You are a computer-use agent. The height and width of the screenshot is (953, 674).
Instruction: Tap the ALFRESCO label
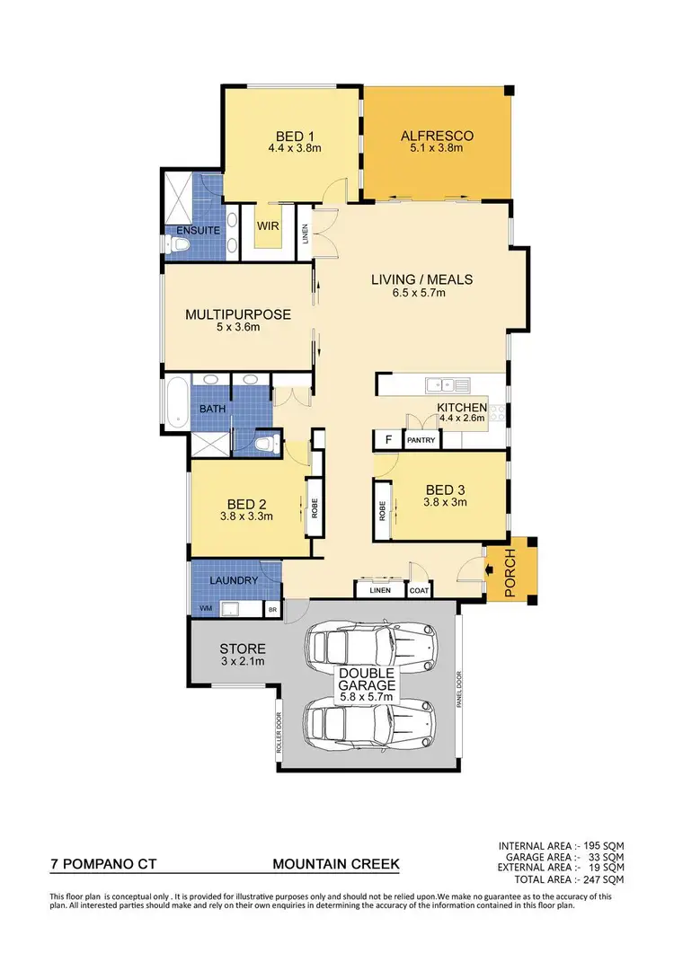pyautogui.click(x=437, y=137)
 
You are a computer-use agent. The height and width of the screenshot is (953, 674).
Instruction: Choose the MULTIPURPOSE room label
pyautogui.click(x=238, y=314)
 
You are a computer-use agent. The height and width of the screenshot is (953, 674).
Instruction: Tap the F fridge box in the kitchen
pyautogui.click(x=388, y=440)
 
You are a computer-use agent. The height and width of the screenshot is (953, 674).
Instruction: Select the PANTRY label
pyautogui.click(x=421, y=440)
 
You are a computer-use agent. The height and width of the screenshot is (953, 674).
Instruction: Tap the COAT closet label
pyautogui.click(x=420, y=590)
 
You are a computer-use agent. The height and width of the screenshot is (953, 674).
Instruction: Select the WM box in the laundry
pyautogui.click(x=206, y=609)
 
